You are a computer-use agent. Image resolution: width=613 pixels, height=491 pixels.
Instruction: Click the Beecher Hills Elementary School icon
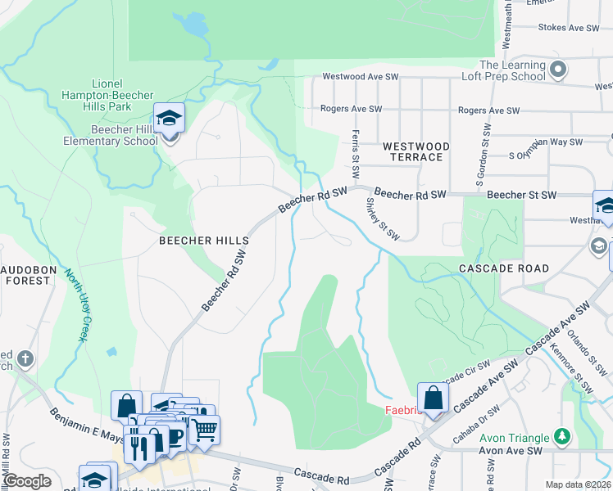pyautogui.click(x=169, y=119)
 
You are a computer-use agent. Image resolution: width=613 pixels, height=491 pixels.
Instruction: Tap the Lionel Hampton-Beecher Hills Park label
pyautogui.click(x=112, y=95)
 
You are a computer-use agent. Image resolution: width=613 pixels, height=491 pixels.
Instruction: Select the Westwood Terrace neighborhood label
pyautogui.click(x=416, y=151)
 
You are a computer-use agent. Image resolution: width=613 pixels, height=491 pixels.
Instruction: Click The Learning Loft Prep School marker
pyautogui.click(x=558, y=70)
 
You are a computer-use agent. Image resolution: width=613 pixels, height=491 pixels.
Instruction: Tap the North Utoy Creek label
pyautogui.click(x=76, y=305)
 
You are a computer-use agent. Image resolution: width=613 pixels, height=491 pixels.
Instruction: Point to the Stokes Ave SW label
pyautogui.click(x=570, y=28)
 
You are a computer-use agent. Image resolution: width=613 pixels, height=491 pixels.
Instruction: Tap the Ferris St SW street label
pyautogui.click(x=356, y=154)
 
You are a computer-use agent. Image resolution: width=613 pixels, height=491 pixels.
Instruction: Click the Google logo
pyautogui.click(x=27, y=481)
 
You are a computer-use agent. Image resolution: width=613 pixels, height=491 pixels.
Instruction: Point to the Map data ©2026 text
pyautogui.click(x=577, y=484)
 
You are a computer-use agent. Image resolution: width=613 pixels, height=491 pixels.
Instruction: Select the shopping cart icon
pyautogui.click(x=205, y=428)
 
